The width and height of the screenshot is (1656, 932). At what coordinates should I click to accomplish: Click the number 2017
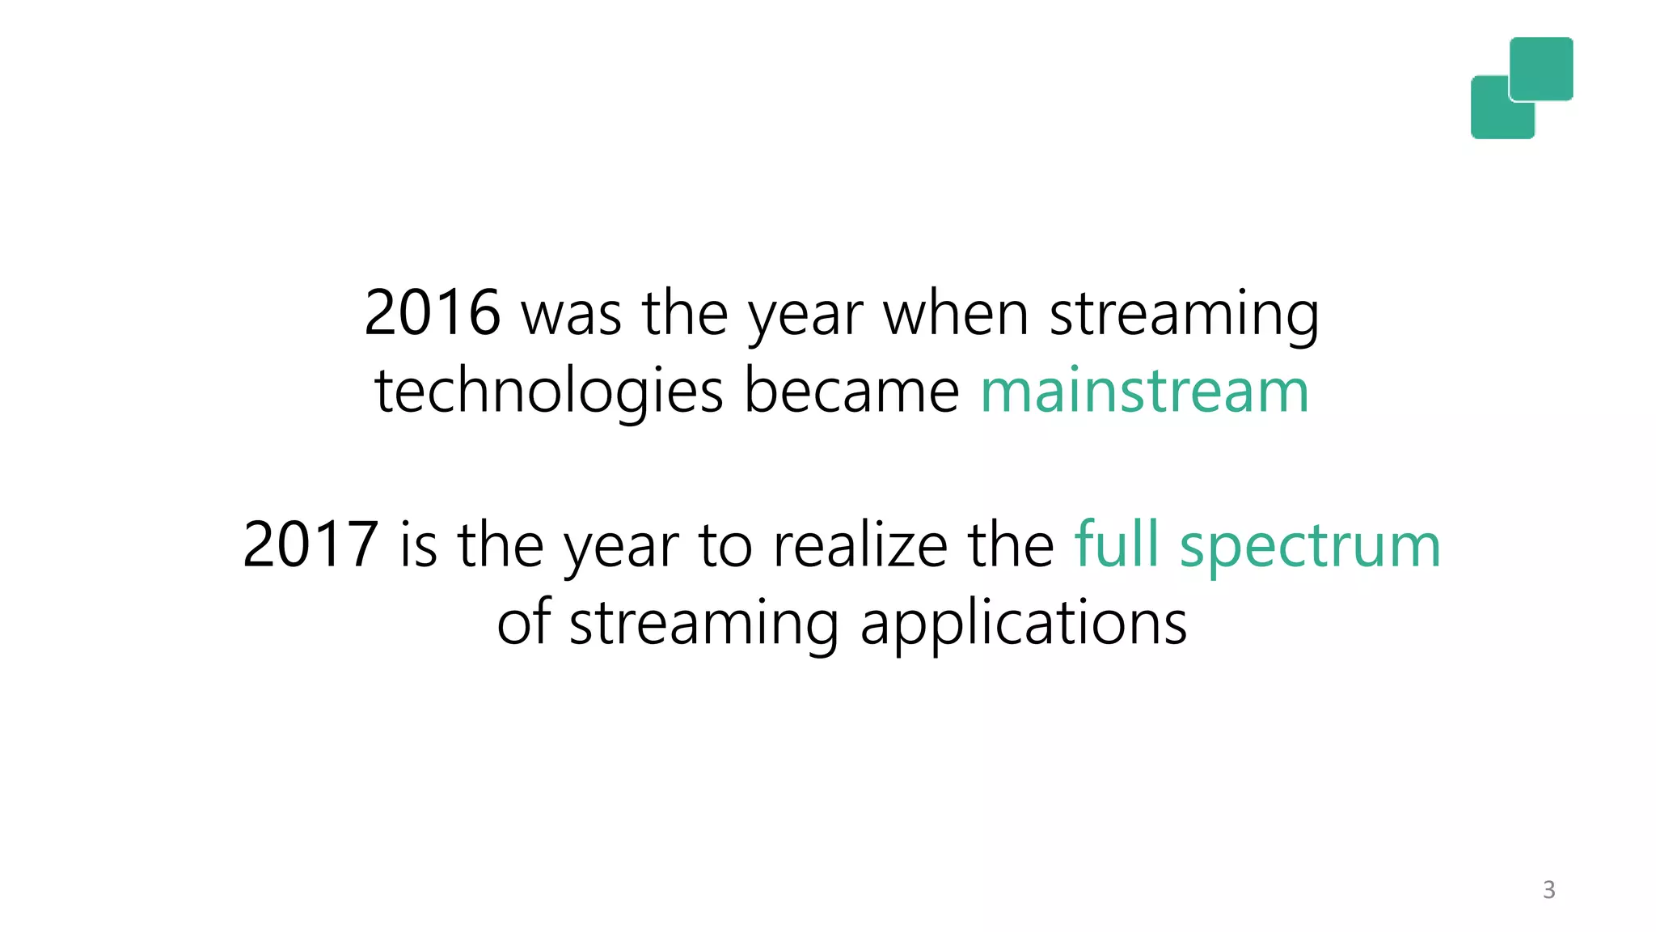tap(310, 545)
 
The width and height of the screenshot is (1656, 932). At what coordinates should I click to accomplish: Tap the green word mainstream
tap(1144, 391)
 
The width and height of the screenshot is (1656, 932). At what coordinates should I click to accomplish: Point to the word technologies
tap(548, 392)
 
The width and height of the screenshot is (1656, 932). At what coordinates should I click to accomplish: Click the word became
tap(851, 391)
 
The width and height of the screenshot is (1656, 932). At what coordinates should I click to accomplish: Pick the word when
tap(955, 313)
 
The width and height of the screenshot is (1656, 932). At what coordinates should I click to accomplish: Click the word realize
tap(860, 545)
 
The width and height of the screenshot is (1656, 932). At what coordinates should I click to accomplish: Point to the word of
tap(523, 623)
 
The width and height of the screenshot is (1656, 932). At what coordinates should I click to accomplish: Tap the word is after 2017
tap(418, 545)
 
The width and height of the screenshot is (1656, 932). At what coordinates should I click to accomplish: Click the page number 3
tap(1548, 890)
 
